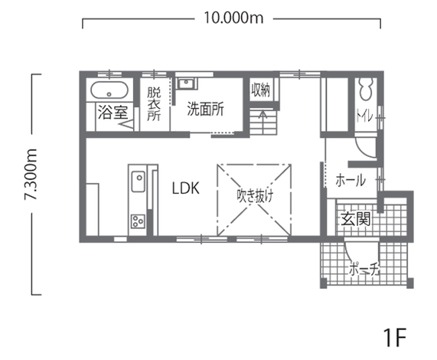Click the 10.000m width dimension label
coord(233,18)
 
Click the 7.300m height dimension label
coord(31,175)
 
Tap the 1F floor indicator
coord(395,338)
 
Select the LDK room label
coord(186,188)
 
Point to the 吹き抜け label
coord(255,196)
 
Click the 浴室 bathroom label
coord(113,113)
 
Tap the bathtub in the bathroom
coord(109,90)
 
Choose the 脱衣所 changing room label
coord(154,103)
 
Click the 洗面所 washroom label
coord(205,109)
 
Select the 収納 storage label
coord(260,90)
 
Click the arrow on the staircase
coord(263,116)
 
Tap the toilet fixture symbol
coord(366,89)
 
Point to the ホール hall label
coord(351,180)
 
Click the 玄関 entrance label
coord(356,218)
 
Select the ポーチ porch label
coord(364,269)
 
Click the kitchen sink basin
coord(139,182)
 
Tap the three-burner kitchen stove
coord(138,221)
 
